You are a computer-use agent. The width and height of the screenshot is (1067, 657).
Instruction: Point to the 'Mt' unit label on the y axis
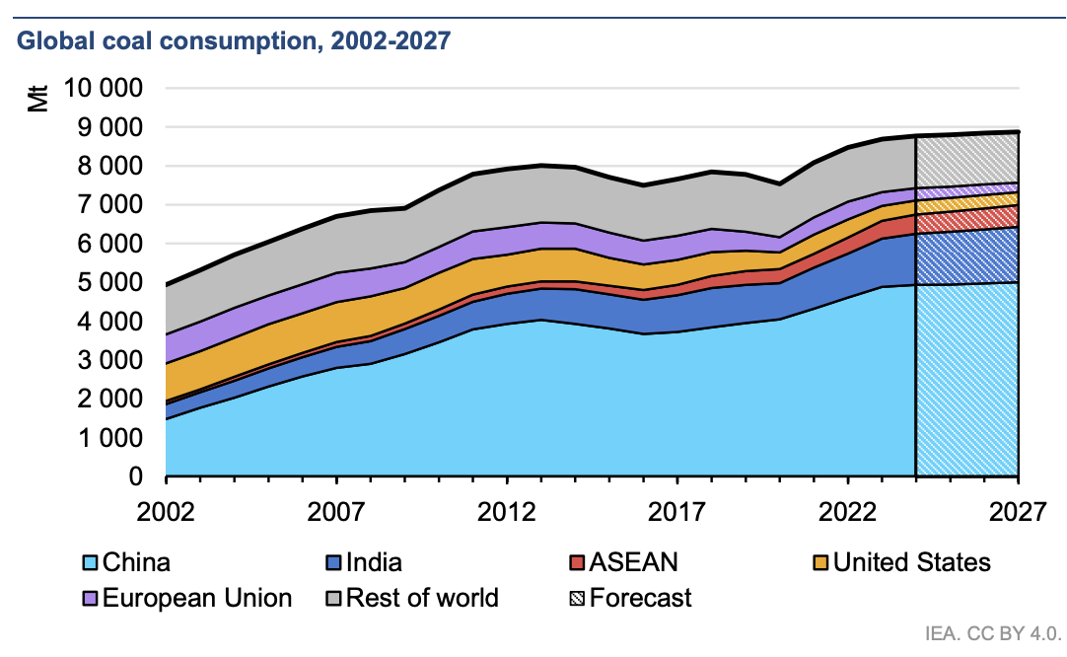(x=37, y=99)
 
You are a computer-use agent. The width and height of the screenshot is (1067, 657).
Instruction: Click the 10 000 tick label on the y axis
(x=104, y=89)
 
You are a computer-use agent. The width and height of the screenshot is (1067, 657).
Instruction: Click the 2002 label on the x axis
(x=167, y=514)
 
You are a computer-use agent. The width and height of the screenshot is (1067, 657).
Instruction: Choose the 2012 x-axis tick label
(x=507, y=514)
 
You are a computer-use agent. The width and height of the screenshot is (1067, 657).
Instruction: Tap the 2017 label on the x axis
(x=677, y=514)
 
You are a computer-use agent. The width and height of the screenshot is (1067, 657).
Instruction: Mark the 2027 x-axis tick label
(x=1017, y=514)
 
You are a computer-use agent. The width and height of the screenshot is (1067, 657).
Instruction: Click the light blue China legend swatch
(x=89, y=563)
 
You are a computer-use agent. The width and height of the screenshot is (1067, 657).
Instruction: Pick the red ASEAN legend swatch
(x=576, y=563)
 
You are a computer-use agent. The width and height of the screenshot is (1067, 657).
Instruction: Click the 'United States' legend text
(x=912, y=563)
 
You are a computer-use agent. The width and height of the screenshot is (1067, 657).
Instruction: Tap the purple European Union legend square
(x=89, y=598)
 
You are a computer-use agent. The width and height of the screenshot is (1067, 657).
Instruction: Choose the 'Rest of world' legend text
(x=424, y=598)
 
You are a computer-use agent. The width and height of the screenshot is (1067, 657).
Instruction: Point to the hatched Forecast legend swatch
(x=576, y=598)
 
